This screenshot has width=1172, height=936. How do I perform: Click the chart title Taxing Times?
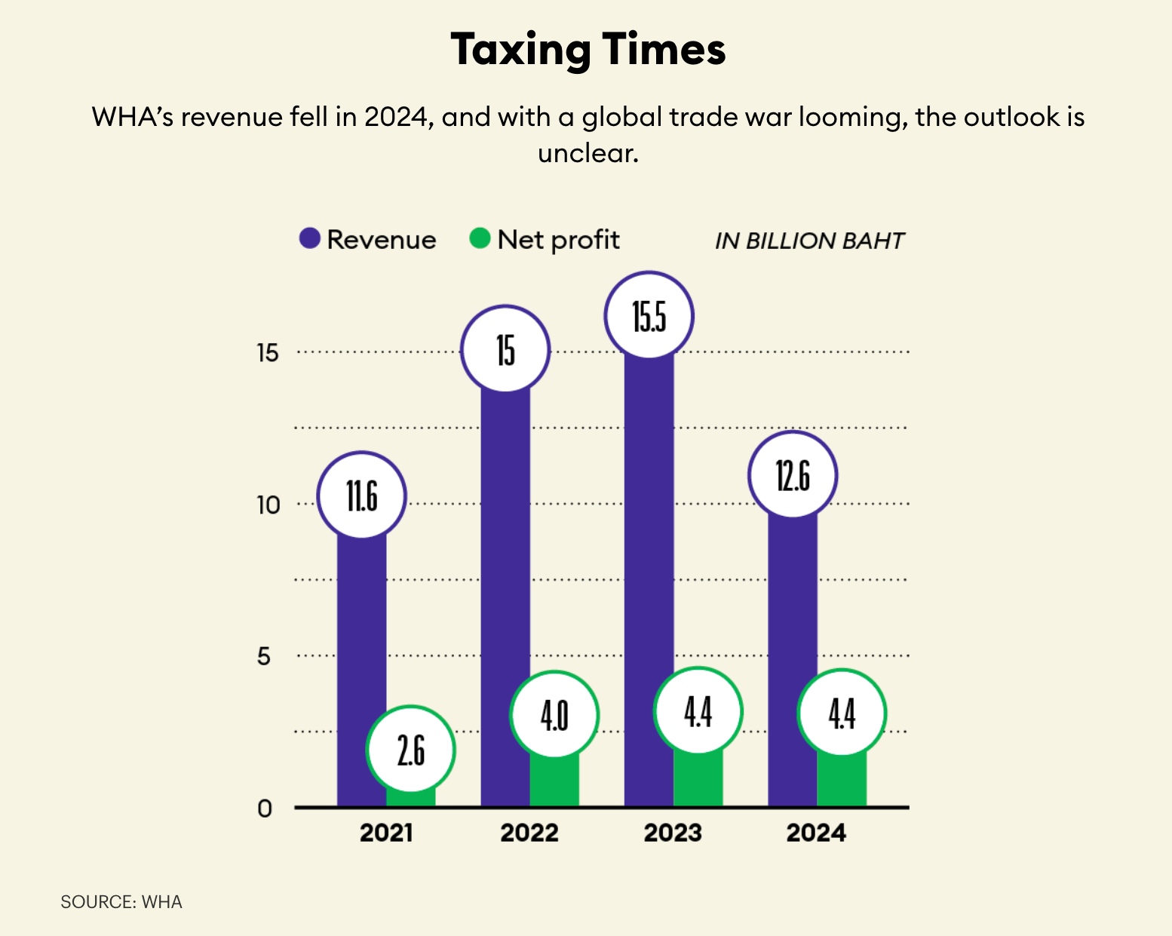[588, 50]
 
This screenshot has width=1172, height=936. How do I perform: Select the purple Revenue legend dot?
[310, 238]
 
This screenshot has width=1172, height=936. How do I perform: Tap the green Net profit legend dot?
[480, 238]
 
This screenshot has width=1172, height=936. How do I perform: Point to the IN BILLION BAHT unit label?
[808, 241]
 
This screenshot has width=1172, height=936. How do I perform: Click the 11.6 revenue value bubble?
[362, 496]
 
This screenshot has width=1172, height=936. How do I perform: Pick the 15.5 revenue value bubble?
[649, 315]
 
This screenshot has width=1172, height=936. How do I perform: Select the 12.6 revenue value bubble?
[793, 475]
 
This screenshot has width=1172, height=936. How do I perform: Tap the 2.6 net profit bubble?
[411, 749]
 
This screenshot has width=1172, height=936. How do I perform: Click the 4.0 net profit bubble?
[554, 714]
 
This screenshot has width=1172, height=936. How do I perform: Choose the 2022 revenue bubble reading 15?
[505, 349]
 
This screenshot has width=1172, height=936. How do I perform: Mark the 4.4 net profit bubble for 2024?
[842, 712]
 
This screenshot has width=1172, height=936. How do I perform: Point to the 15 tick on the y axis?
[267, 352]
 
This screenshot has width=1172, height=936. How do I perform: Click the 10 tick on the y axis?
[268, 505]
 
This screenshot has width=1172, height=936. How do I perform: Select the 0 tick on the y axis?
[264, 809]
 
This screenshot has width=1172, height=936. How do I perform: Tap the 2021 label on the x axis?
[385, 833]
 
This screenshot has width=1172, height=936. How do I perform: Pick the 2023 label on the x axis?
[673, 833]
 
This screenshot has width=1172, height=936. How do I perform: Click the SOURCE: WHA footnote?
[121, 902]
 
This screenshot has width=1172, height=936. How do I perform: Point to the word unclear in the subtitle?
[588, 153]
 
